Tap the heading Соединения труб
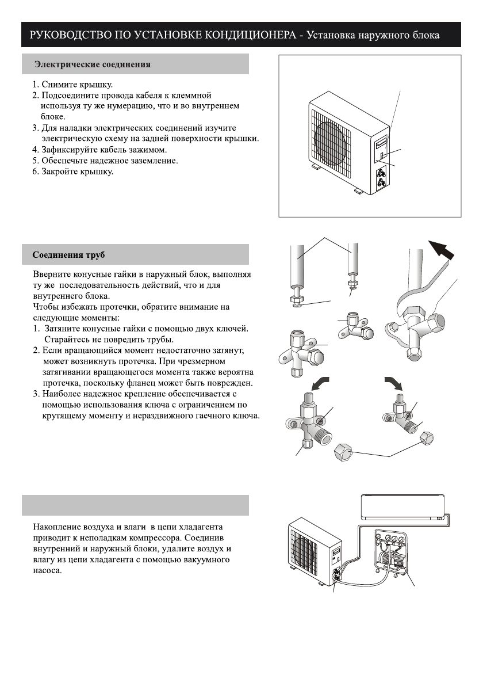[x=68, y=254]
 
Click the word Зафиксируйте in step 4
[x=68, y=150]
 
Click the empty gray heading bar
[x=136, y=505]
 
